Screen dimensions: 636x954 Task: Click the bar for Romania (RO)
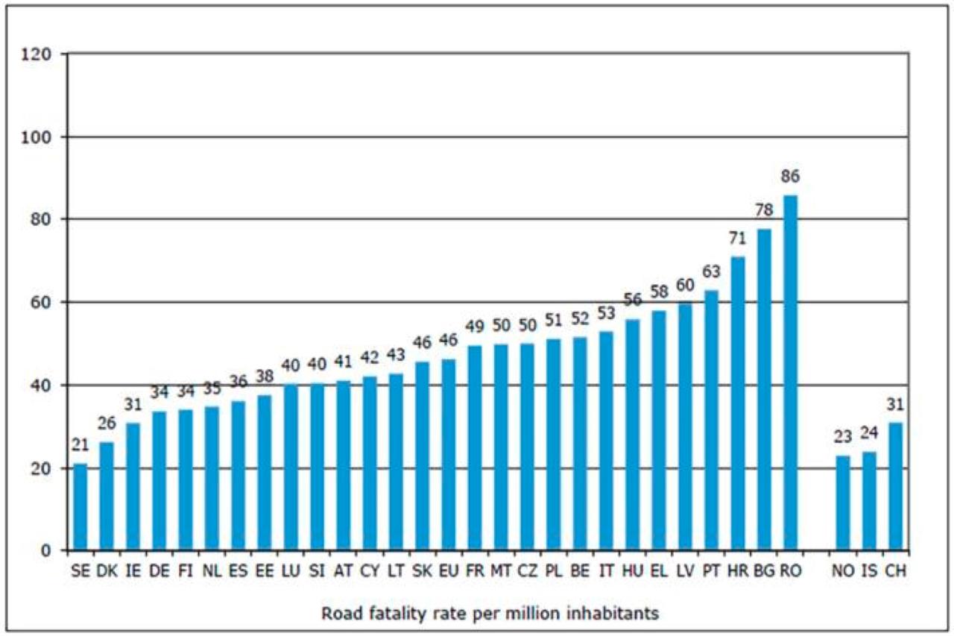coord(790,373)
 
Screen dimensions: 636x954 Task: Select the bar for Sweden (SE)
coord(80,507)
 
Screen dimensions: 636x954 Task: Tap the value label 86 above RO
coord(790,177)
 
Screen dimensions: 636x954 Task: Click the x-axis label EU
coord(448,573)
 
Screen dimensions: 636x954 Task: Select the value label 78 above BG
coord(764,211)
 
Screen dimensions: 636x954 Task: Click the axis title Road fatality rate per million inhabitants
coord(490,614)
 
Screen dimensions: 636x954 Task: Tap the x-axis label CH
coord(894,573)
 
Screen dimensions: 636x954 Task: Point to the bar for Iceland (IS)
coord(869,501)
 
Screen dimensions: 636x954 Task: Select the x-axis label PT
coord(712,573)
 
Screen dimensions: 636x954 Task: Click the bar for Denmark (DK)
coord(106,497)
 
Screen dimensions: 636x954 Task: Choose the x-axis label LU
coord(290,573)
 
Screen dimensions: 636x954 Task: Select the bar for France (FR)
coord(474,448)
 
